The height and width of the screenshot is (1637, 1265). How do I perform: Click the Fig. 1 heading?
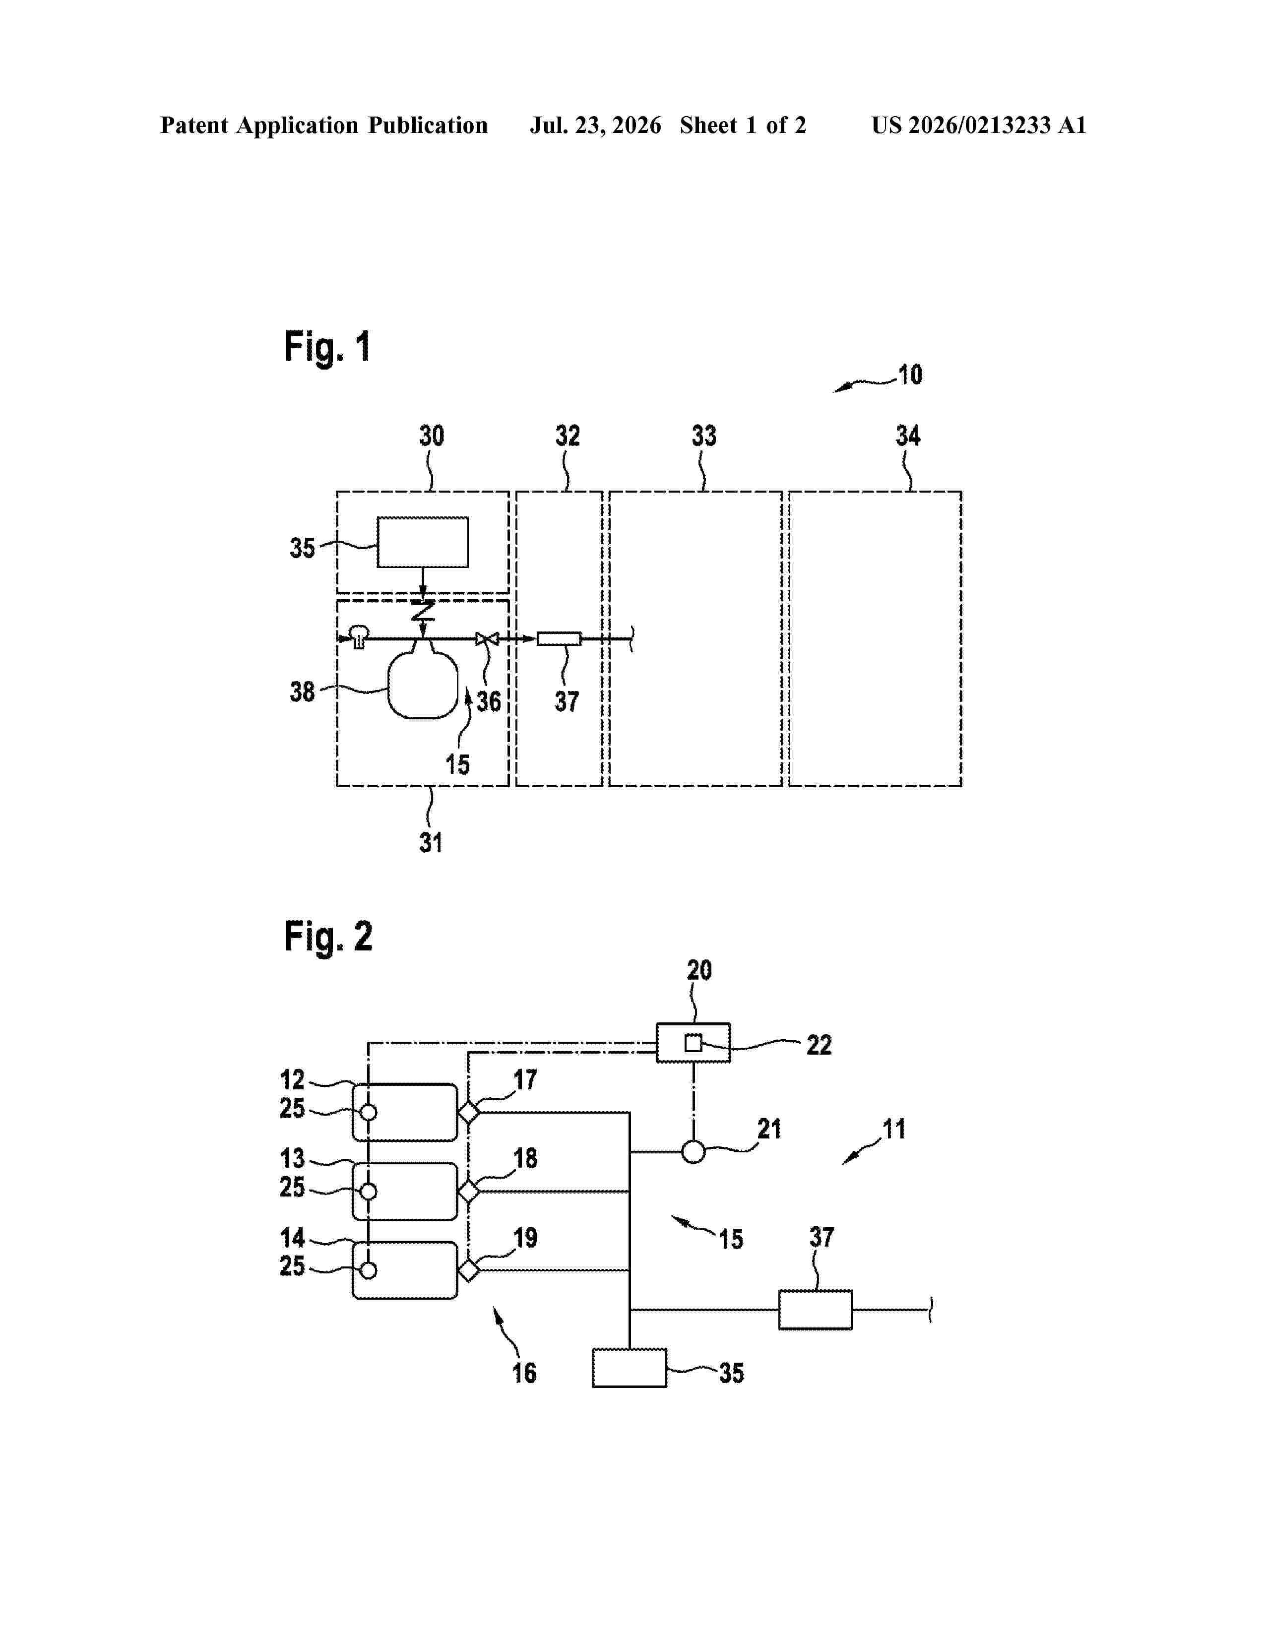pos(327,348)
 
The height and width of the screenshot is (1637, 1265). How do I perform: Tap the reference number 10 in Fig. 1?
pos(910,375)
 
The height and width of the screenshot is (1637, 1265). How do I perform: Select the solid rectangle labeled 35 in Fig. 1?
pos(423,542)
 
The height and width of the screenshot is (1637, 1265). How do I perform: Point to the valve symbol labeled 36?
pos(487,638)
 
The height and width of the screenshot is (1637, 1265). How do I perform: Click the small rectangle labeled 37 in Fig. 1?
pos(559,638)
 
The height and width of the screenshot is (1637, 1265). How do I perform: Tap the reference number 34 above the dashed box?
pos(908,436)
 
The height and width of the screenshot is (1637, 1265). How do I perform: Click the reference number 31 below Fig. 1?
pos(431,842)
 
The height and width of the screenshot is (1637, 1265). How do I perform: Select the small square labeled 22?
pos(693,1043)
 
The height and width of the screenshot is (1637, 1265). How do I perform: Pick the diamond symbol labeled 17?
pos(469,1112)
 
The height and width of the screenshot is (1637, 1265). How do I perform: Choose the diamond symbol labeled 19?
pos(469,1270)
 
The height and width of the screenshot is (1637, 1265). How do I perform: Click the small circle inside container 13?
pos(368,1191)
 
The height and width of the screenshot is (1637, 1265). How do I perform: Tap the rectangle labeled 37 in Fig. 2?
pos(816,1310)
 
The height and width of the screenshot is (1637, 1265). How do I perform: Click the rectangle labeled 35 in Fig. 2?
pos(630,1368)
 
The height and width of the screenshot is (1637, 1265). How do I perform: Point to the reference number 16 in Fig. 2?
pos(524,1373)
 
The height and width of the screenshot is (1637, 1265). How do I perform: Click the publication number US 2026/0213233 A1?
pos(979,125)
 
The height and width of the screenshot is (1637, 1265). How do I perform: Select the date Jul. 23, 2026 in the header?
pos(596,125)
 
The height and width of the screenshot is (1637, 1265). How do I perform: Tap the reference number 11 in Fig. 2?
pos(894,1129)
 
